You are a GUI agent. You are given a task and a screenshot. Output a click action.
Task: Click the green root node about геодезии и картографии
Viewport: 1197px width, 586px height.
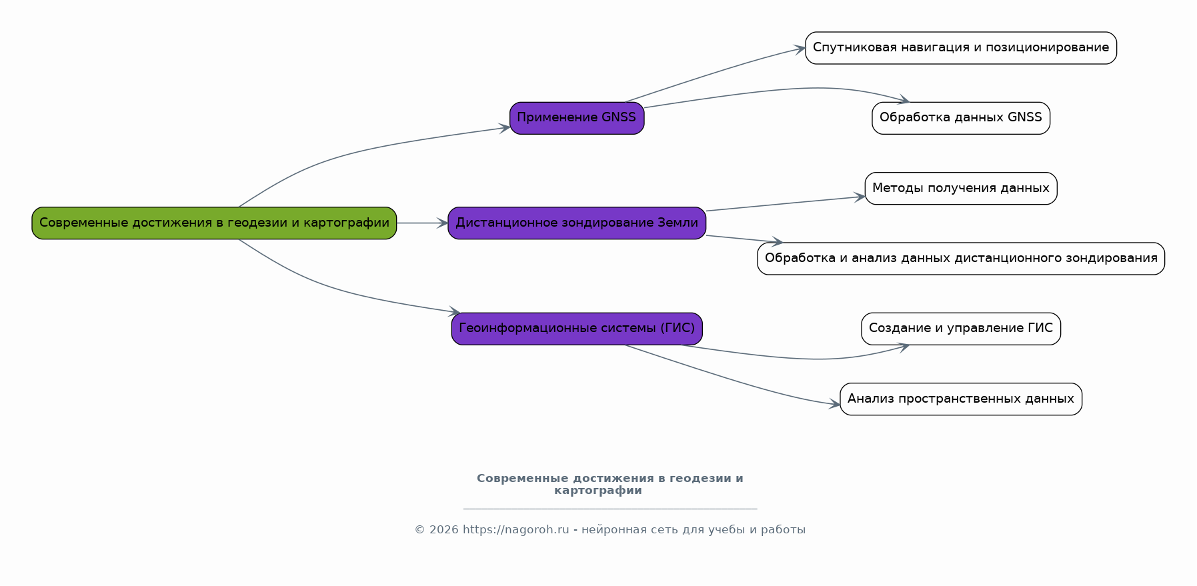pyautogui.click(x=214, y=223)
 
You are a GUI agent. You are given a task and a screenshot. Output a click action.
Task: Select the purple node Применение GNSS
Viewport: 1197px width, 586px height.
pyautogui.click(x=577, y=118)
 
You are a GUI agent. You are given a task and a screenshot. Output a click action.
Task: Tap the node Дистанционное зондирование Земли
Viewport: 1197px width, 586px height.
pyautogui.click(x=577, y=223)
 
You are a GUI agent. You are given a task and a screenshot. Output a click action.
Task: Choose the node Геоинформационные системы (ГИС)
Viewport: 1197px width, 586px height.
pyautogui.click(x=577, y=328)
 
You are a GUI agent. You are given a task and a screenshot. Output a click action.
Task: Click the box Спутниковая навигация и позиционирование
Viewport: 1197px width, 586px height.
pyautogui.click(x=960, y=48)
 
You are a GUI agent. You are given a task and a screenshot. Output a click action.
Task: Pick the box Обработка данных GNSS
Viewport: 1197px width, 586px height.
pyautogui.click(x=960, y=118)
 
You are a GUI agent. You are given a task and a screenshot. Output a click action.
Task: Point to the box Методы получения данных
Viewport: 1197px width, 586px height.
pyautogui.click(x=960, y=188)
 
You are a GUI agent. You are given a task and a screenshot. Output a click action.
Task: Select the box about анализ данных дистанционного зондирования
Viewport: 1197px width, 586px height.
pyautogui.click(x=960, y=258)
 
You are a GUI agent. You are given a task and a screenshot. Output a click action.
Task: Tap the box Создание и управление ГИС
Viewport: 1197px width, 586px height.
pyautogui.click(x=960, y=328)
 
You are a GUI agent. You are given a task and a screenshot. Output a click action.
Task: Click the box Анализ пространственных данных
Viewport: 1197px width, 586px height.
pyautogui.click(x=960, y=399)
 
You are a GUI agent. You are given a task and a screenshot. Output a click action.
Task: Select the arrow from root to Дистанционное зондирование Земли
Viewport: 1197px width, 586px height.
pyautogui.click(x=422, y=223)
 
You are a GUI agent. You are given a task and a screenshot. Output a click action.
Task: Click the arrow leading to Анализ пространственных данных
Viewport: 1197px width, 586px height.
pyautogui.click(x=734, y=381)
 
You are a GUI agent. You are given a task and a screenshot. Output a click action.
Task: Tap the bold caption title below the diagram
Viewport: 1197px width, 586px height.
pyautogui.click(x=610, y=485)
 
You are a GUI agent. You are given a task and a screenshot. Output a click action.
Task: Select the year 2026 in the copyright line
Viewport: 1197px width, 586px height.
pyautogui.click(x=443, y=530)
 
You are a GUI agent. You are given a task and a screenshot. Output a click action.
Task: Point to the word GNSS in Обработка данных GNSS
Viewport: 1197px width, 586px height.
pyautogui.click(x=1024, y=118)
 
